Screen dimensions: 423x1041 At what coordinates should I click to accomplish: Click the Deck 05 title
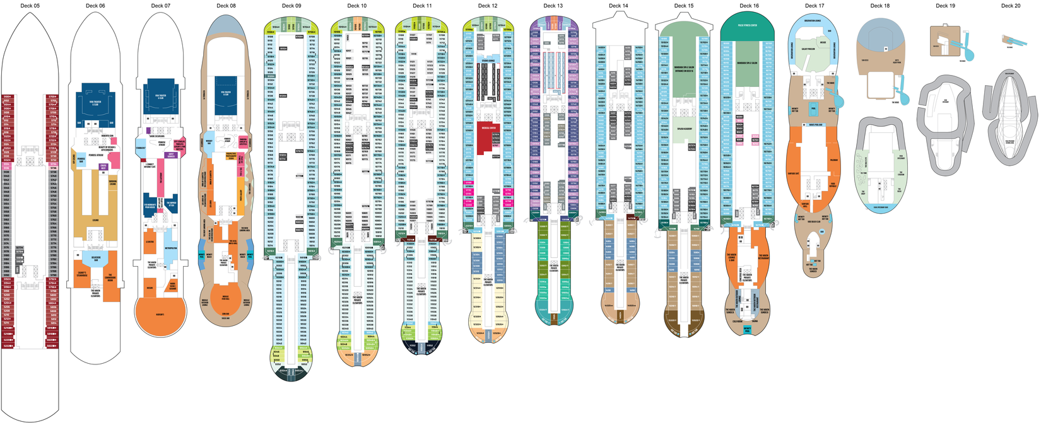click(30, 6)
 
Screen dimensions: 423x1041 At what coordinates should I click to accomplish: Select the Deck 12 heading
click(488, 6)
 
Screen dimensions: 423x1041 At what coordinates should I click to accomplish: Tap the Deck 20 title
click(1011, 6)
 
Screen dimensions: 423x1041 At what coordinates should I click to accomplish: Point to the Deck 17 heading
click(815, 6)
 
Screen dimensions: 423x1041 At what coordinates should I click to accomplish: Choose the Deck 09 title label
click(291, 6)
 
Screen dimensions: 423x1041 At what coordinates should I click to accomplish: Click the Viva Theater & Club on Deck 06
click(95, 104)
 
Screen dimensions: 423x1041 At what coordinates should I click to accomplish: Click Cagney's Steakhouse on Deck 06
click(82, 274)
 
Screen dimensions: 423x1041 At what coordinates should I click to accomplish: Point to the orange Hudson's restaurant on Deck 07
click(160, 315)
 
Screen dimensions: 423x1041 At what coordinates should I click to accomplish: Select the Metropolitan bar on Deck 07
click(170, 248)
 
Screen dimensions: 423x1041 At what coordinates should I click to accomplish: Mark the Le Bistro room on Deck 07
click(150, 243)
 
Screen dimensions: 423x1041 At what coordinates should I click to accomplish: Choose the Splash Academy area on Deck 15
click(684, 129)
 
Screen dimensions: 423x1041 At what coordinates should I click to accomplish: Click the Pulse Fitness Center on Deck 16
click(748, 25)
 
